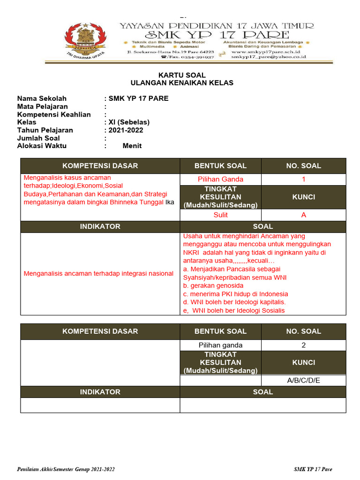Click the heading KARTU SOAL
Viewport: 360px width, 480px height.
[182, 75]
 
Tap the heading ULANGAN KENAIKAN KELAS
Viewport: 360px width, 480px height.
[182, 83]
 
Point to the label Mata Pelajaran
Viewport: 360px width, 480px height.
[43, 106]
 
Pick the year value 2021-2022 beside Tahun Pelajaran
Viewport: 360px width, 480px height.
[126, 130]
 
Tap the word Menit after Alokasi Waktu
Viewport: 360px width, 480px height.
[132, 146]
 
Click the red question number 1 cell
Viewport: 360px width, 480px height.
[303, 179]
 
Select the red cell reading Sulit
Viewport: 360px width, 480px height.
[221, 215]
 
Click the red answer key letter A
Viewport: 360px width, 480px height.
[303, 215]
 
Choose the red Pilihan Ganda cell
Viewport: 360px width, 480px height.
[221, 179]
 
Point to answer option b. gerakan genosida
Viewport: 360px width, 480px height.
[213, 285]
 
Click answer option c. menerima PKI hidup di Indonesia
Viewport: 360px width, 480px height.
[235, 294]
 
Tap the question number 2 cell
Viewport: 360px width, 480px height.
[303, 345]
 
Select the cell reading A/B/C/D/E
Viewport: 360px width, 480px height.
[303, 380]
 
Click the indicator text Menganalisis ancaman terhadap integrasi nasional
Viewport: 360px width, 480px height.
[98, 273]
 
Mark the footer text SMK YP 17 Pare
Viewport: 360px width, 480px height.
[313, 469]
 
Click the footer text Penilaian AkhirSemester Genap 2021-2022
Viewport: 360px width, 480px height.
[66, 469]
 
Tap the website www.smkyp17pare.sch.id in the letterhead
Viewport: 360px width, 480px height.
[265, 52]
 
